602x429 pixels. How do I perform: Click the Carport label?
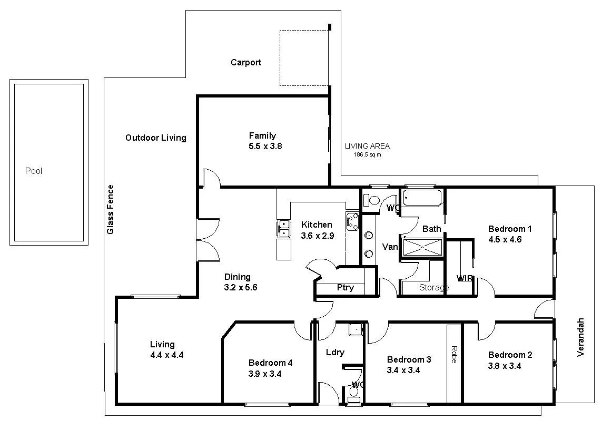(245, 63)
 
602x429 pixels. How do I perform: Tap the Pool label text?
(34, 171)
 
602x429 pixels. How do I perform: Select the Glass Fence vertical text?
(111, 209)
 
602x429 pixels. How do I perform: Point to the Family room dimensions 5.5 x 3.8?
(265, 146)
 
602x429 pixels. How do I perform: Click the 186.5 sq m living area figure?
(367, 155)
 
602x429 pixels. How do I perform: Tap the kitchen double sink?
(283, 229)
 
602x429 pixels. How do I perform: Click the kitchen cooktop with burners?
(352, 221)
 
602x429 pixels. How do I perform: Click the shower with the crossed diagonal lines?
(422, 247)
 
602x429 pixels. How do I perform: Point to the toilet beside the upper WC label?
(373, 201)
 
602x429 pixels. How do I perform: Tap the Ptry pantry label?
(345, 288)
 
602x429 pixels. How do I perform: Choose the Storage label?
(433, 288)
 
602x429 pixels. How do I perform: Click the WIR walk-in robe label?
(464, 278)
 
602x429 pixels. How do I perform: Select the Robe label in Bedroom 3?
(454, 354)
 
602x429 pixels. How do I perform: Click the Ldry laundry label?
(335, 352)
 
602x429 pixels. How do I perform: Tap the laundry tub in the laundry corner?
(357, 329)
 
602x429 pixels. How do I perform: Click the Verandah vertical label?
(581, 337)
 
